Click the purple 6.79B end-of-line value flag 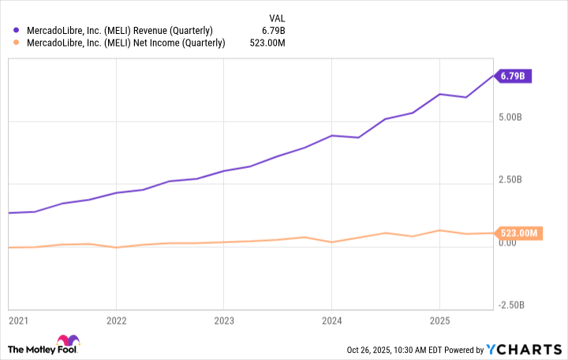tap(515, 77)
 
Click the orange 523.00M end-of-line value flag tap(519, 233)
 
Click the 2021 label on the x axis tap(17, 321)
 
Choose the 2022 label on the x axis tap(116, 321)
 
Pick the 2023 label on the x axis tap(223, 321)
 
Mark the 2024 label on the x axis tap(331, 321)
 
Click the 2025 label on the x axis tap(439, 321)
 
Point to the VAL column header tap(275, 17)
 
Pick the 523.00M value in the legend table tap(267, 43)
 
